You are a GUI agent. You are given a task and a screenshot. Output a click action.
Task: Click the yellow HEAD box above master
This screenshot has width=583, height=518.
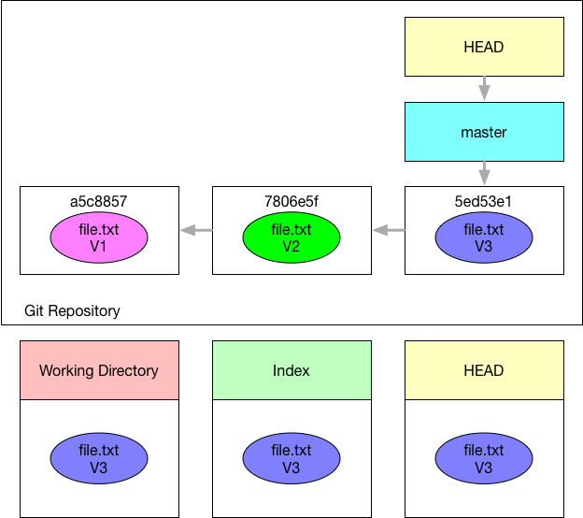[484, 47]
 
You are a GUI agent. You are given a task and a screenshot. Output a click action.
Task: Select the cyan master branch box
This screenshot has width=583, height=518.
[484, 132]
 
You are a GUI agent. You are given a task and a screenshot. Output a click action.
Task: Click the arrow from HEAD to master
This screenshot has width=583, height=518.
[484, 88]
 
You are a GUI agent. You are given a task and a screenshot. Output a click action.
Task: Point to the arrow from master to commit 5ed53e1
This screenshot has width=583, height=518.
[484, 173]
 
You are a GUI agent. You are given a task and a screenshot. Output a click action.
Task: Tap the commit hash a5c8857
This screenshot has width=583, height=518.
[99, 201]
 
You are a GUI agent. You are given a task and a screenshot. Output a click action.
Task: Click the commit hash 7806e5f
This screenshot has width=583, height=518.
[291, 201]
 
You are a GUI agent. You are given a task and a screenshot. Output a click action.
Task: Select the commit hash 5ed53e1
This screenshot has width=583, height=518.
[483, 201]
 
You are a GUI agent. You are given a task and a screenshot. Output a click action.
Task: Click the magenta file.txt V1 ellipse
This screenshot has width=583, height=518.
[99, 237]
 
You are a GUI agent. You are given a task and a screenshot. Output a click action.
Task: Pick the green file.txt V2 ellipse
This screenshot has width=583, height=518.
[291, 237]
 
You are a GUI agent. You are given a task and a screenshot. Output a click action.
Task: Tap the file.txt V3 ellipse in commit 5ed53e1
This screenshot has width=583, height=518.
[484, 237]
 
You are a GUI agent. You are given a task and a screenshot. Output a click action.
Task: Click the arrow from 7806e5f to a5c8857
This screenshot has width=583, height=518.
[196, 230]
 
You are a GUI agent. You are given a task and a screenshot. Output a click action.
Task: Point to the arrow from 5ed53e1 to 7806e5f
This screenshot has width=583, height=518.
[389, 230]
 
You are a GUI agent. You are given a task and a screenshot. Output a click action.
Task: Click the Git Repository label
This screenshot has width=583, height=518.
[72, 310]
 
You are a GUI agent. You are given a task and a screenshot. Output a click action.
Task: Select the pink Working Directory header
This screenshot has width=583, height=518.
[99, 370]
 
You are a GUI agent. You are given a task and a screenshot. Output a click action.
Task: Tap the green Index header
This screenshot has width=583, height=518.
[291, 370]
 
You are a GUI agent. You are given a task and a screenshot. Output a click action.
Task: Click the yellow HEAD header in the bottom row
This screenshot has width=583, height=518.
[484, 370]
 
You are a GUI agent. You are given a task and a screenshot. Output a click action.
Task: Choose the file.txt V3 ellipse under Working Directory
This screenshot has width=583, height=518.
[99, 458]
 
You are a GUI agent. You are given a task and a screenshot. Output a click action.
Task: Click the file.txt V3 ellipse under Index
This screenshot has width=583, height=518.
[291, 458]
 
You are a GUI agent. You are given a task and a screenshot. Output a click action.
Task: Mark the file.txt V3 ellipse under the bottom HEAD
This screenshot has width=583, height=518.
[484, 458]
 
